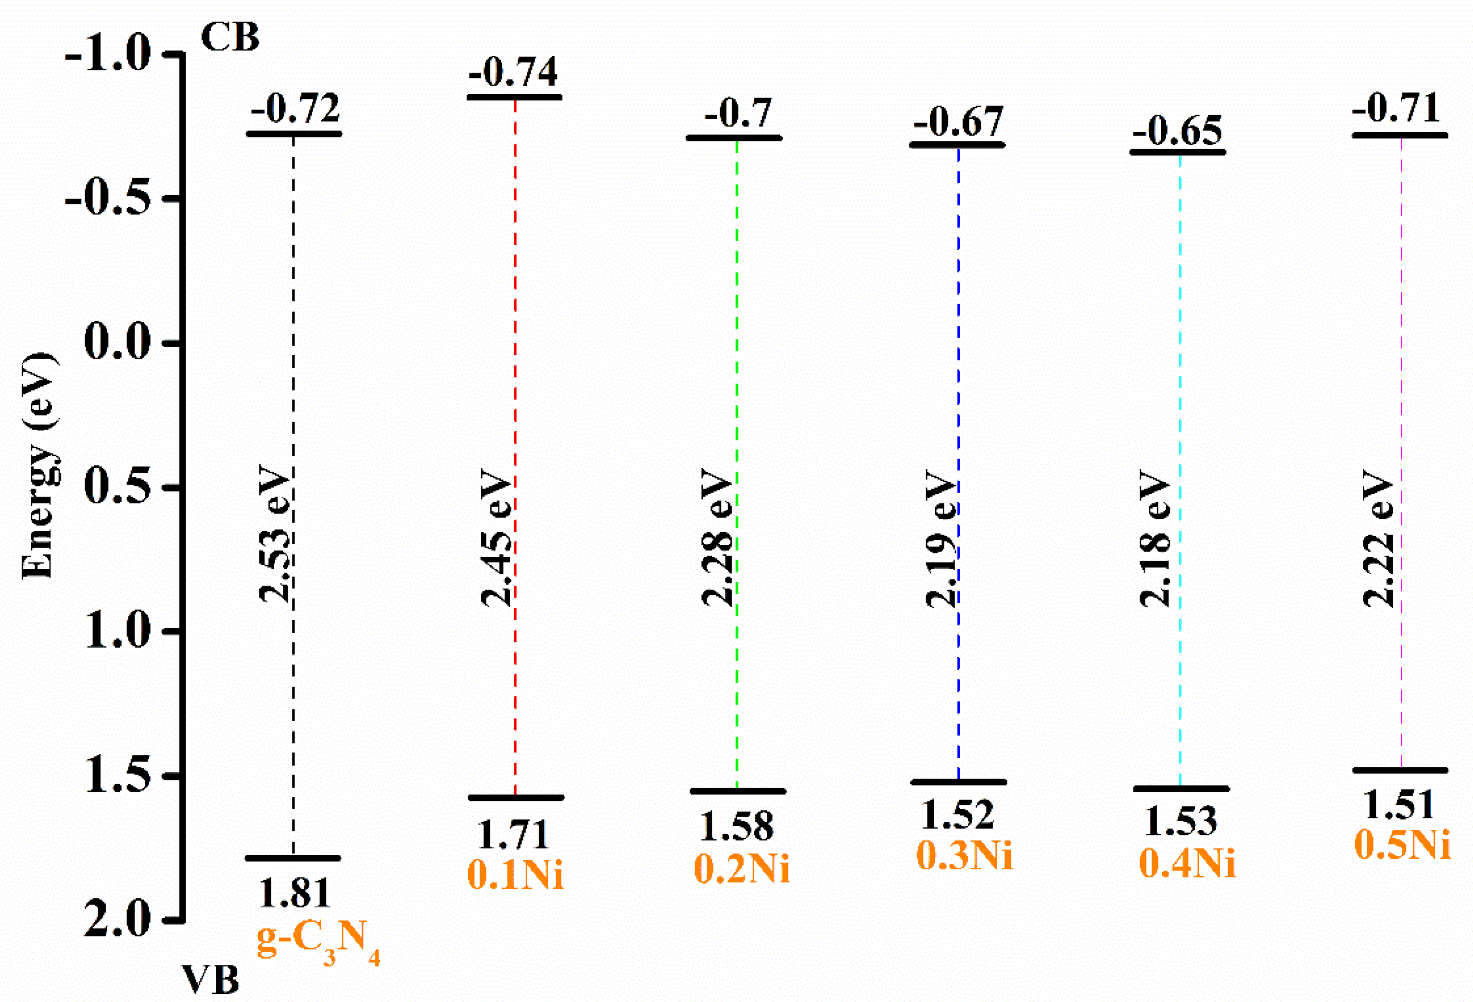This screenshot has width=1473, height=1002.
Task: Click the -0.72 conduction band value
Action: click(x=295, y=109)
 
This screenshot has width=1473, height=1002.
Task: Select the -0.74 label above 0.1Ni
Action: click(x=513, y=72)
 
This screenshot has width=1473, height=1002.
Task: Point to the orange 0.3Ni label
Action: click(x=964, y=856)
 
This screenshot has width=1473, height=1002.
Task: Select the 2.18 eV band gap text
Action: click(x=1155, y=539)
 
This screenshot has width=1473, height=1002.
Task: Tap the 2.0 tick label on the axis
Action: click(x=118, y=920)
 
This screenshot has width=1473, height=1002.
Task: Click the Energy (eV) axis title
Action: click(x=39, y=465)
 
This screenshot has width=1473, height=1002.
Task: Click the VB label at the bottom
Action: click(x=211, y=980)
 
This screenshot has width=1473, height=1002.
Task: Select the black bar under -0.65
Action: click(x=1178, y=152)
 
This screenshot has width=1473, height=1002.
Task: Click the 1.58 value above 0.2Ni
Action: click(x=736, y=827)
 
